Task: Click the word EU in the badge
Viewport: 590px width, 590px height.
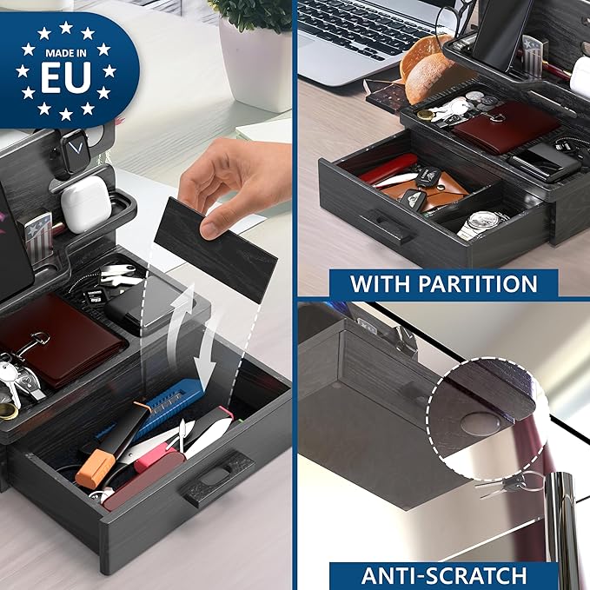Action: click(x=66, y=76)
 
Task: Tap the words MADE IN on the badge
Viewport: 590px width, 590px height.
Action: click(x=66, y=53)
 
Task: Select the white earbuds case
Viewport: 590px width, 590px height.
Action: click(x=86, y=203)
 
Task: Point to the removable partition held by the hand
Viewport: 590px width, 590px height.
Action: click(x=215, y=249)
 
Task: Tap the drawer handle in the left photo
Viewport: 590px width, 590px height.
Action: click(x=217, y=477)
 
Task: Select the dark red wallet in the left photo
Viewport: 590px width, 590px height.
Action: click(x=61, y=340)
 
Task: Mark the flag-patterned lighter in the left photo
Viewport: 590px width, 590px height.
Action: click(x=40, y=236)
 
